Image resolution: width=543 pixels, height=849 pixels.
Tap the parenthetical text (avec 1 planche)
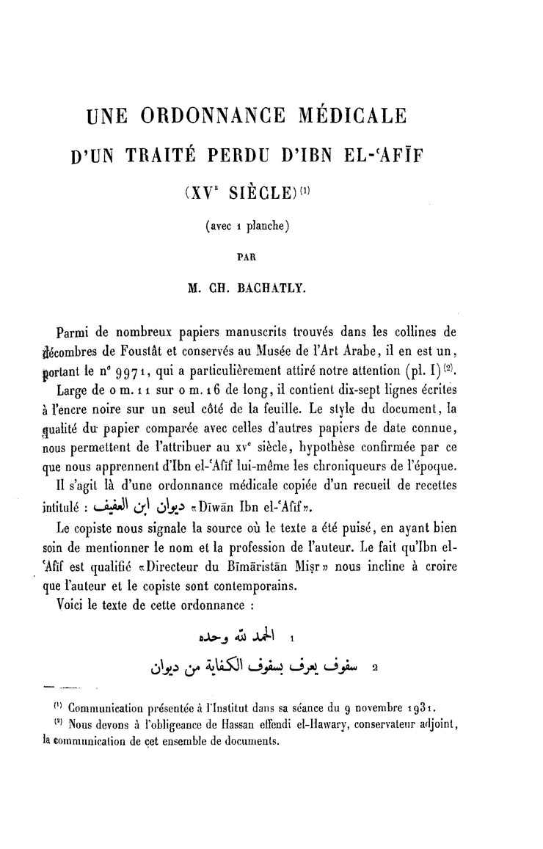pyautogui.click(x=249, y=226)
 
